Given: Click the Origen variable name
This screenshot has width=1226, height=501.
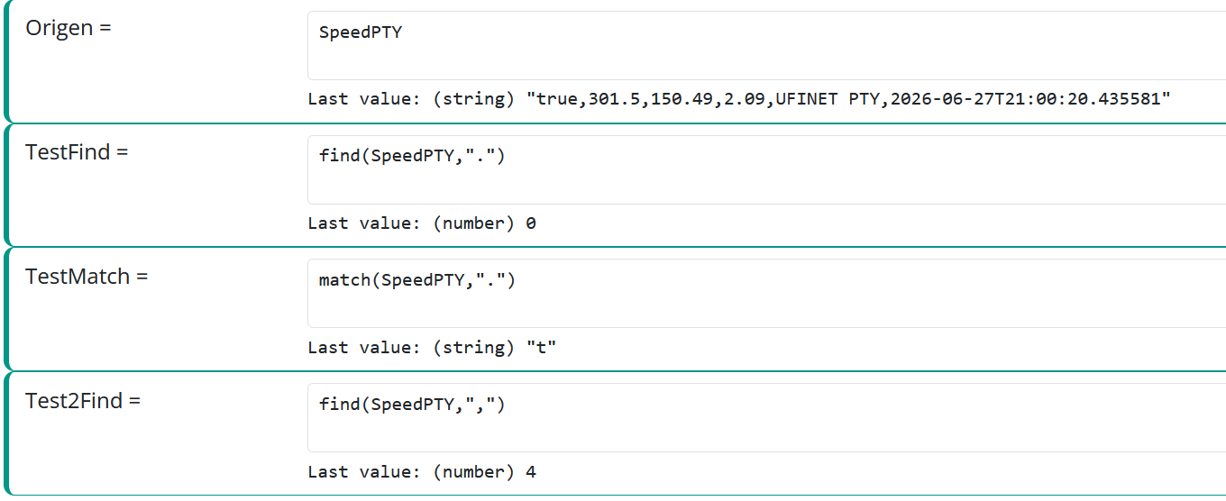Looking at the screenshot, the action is (x=59, y=28).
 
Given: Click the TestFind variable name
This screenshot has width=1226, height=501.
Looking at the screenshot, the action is (x=68, y=152).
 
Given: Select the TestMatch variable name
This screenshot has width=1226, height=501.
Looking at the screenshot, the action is (x=78, y=277).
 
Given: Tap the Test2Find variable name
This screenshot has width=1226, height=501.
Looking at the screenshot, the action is (x=74, y=401).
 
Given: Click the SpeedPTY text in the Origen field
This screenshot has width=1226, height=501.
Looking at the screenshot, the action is (x=361, y=32).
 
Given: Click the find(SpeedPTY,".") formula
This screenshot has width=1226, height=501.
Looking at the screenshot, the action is (x=412, y=157).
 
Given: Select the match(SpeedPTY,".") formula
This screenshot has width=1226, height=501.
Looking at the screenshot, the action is (x=417, y=280).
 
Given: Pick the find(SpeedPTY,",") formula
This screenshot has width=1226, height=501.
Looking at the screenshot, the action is (x=412, y=405).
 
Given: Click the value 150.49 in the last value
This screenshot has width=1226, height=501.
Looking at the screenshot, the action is (x=682, y=99).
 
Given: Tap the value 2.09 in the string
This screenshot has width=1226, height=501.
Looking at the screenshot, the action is (x=745, y=99).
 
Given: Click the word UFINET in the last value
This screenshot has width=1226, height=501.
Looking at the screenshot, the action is (x=806, y=99).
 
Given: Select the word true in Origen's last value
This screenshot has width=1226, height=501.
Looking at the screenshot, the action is (x=556, y=99).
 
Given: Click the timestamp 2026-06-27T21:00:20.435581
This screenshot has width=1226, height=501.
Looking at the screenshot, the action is (x=1025, y=99).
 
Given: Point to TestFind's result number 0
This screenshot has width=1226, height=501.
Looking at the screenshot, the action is (x=531, y=223).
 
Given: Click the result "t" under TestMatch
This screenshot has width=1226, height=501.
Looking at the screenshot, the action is (x=541, y=348).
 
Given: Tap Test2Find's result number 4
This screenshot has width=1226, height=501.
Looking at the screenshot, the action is (x=531, y=472).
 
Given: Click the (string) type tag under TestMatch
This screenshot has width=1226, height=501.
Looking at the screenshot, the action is (x=474, y=348).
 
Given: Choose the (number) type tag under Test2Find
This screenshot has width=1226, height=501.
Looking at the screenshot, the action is (x=474, y=472).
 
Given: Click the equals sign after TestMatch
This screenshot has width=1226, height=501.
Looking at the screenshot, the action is (x=142, y=277).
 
